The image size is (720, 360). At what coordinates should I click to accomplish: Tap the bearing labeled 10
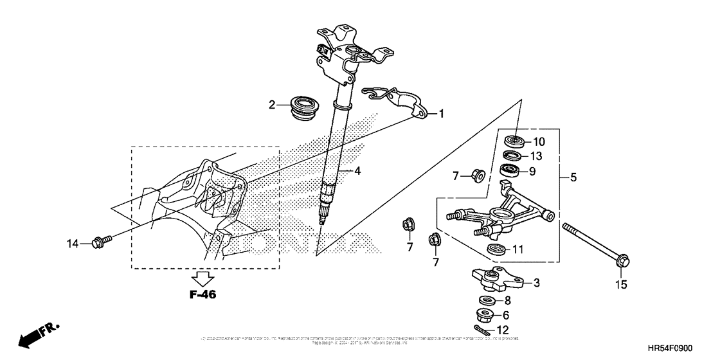513,140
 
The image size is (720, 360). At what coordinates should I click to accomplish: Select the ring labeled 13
512,156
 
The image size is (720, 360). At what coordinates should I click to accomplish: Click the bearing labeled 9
511,171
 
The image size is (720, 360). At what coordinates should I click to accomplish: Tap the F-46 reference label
203,295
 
